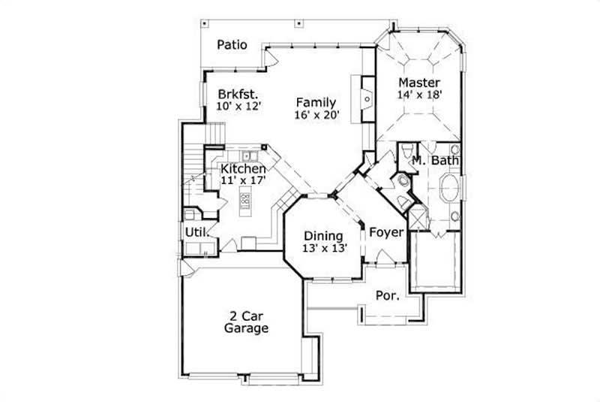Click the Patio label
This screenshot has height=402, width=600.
click(x=232, y=44)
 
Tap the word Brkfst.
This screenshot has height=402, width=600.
click(x=238, y=95)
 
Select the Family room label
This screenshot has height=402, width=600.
click(x=316, y=102)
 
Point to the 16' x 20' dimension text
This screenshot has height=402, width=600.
click(x=317, y=115)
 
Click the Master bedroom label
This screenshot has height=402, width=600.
click(x=419, y=82)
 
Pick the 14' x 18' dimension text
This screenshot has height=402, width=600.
click(x=419, y=95)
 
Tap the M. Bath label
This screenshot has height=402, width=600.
click(x=435, y=160)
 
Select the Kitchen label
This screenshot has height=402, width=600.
click(x=243, y=169)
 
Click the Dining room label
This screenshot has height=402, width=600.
click(x=323, y=235)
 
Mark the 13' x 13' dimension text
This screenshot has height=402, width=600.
click(x=323, y=249)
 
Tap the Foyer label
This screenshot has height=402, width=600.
click(x=386, y=231)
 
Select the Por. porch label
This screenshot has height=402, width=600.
click(x=386, y=296)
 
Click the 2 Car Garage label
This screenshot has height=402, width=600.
click(x=247, y=322)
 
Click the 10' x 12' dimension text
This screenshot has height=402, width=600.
click(x=238, y=107)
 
